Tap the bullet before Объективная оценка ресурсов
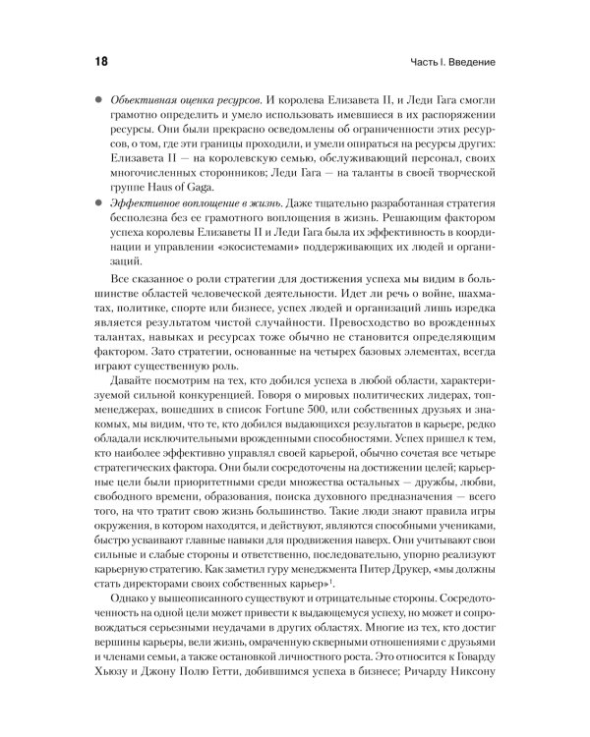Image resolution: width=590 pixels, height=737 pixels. tap(97, 102)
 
